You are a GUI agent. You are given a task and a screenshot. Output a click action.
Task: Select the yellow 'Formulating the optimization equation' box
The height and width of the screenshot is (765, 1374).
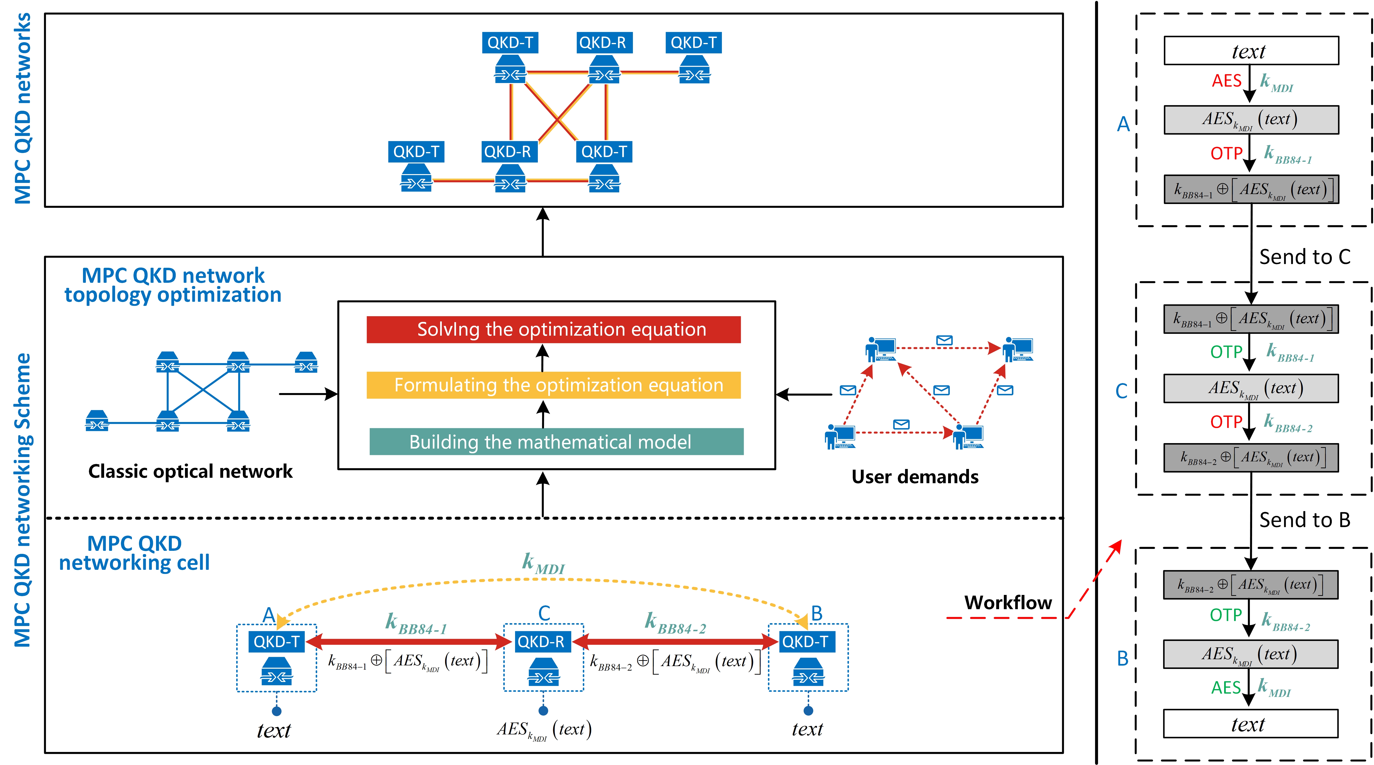[x=553, y=385]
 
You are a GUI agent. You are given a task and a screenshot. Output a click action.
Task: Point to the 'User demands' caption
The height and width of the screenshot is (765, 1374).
[x=914, y=476]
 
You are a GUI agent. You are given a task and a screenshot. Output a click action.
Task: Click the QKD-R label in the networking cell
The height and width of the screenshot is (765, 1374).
[x=540, y=641]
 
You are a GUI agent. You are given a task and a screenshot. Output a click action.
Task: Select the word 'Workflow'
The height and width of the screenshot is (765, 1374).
[x=1008, y=602]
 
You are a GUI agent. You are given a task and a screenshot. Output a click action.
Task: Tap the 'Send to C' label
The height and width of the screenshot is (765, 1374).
[x=1304, y=257]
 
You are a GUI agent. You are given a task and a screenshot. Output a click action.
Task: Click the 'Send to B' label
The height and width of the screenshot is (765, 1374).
[x=1304, y=519]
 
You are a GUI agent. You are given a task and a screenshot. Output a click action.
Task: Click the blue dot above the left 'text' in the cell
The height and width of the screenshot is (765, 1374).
[x=276, y=711]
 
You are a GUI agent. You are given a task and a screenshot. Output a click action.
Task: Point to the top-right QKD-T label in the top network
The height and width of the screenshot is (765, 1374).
[x=693, y=43]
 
